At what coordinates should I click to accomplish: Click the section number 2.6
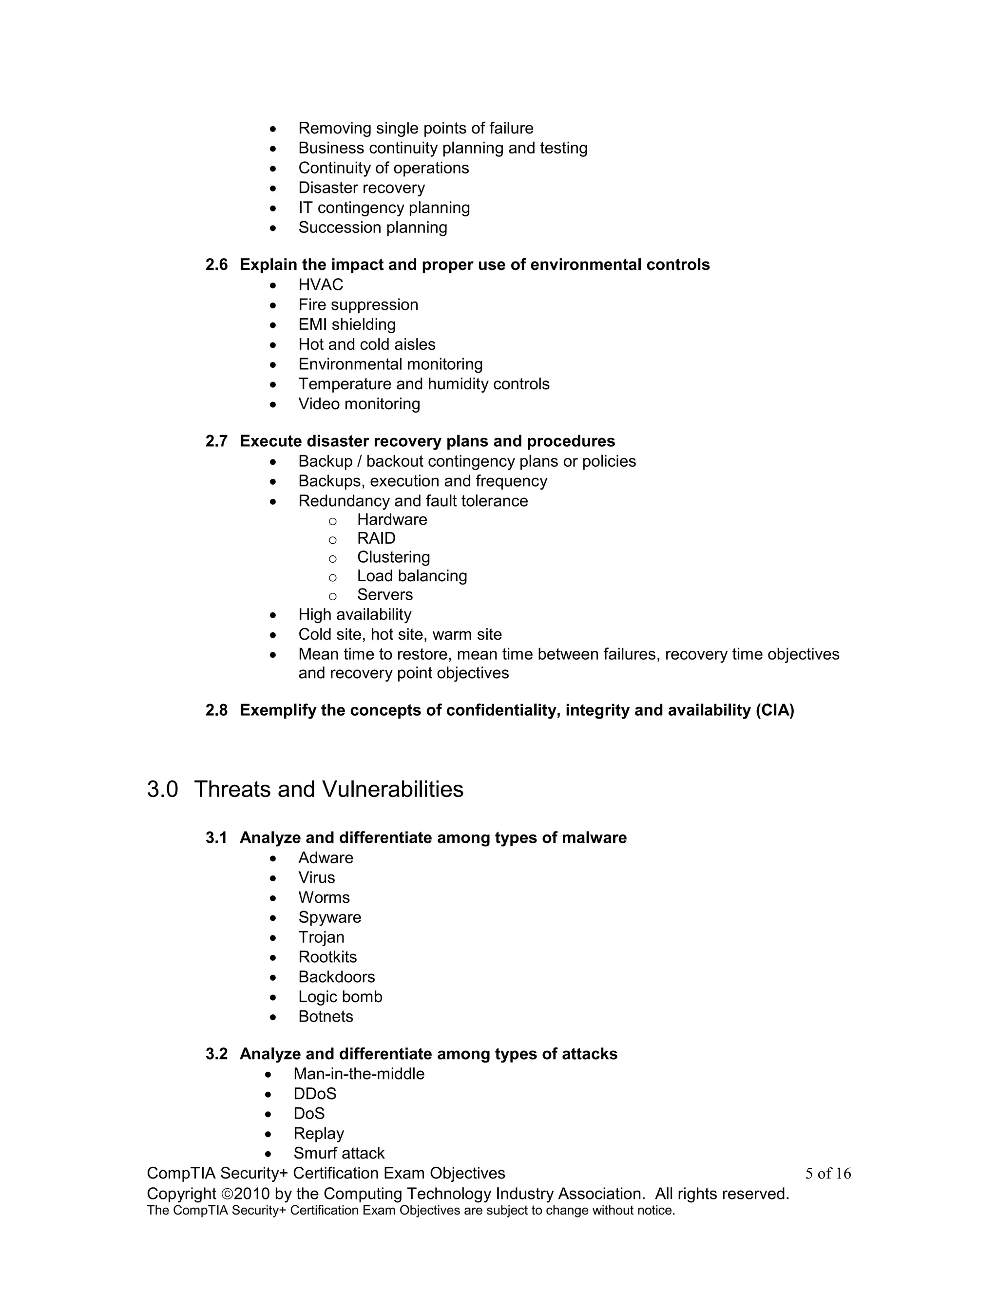(x=216, y=265)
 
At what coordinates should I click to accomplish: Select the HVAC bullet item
(x=321, y=285)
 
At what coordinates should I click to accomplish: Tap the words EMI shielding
(x=346, y=324)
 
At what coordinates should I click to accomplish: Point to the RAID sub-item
(x=376, y=538)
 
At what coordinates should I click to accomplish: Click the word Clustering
(x=393, y=557)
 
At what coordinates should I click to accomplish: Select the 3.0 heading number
(x=163, y=790)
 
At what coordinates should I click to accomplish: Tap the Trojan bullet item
(x=321, y=937)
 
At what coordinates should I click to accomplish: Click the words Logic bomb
(x=340, y=997)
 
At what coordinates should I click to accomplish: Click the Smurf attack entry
(x=339, y=1153)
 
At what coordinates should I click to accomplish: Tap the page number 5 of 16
(x=828, y=1174)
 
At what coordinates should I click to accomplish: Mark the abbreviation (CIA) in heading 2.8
(x=774, y=710)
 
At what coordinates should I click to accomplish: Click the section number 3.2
(x=216, y=1054)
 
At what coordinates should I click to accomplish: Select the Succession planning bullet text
(x=372, y=228)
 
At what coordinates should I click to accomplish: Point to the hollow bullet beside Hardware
(x=333, y=521)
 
